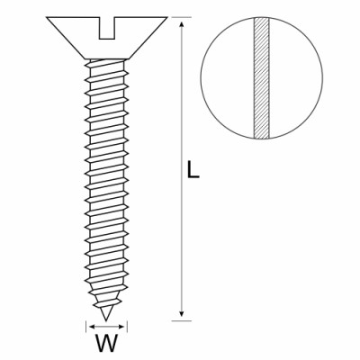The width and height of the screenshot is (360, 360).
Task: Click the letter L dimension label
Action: pos(193,170)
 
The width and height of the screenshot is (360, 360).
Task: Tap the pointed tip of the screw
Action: pos(105,319)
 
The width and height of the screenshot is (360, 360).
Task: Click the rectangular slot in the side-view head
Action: pos(107,28)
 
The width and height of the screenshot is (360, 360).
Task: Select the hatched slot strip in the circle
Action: pos(262,78)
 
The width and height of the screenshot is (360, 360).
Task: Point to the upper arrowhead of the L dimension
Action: pos(181,24)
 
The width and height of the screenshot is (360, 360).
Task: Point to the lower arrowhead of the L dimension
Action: pos(181,313)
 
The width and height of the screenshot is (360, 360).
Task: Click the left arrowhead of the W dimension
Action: pos(93,327)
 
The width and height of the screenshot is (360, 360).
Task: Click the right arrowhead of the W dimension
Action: pos(121,327)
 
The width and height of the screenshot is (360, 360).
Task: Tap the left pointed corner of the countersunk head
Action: pos(47,17)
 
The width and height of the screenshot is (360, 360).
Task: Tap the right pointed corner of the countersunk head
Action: pos(166,17)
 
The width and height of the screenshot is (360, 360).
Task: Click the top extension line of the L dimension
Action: pos(182,17)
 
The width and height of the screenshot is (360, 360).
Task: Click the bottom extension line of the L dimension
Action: pos(182,321)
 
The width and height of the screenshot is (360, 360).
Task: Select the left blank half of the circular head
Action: pos(228,78)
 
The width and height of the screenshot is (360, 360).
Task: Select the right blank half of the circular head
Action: pos(296,78)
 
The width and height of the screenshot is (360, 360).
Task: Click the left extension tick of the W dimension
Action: pos(86,327)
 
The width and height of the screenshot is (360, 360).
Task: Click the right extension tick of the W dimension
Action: pos(127,327)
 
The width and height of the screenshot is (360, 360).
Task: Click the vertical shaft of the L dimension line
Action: pos(181,169)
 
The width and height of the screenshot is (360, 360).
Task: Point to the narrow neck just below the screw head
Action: pos(107,60)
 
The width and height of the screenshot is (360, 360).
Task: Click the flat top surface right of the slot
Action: pos(140,17)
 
